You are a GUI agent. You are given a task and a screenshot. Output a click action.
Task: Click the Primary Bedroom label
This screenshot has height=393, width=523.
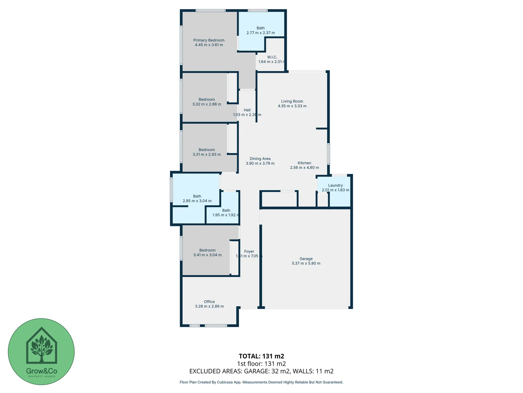pos(209,40)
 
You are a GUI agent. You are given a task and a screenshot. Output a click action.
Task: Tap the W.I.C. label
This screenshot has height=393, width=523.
pos(272,57)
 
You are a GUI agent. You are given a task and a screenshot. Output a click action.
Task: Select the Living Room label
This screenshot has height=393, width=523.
pos(292,102)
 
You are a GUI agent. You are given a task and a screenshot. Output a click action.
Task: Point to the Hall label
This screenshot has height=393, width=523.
pos(247,110)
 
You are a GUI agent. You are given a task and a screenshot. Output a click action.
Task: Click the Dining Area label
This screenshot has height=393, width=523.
pos(260,159)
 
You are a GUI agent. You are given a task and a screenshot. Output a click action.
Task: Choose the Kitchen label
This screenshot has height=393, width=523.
pos(304,163)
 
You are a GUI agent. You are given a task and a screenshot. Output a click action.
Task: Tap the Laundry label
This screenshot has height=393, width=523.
pos(335,185)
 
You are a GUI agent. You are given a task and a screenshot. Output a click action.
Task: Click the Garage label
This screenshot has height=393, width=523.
pos(306,259)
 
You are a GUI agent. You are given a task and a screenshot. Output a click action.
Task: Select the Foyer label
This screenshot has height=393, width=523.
pos(249,251)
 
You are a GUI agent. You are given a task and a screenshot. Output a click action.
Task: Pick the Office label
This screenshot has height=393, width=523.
pos(209,302)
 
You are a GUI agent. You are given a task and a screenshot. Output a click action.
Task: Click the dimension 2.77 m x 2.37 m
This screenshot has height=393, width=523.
pos(260,33)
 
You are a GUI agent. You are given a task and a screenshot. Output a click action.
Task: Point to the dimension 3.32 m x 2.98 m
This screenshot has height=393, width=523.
pos(207,104)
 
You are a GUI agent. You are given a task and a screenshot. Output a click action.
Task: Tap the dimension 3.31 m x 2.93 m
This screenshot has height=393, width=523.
pos(207,154)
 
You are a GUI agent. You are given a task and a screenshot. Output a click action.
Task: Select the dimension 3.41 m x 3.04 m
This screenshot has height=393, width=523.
pos(207,255)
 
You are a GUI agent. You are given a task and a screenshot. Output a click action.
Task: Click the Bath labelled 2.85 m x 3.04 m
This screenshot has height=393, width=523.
pos(197,196)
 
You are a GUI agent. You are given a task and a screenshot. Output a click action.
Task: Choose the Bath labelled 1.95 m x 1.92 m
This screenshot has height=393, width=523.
pos(226,210)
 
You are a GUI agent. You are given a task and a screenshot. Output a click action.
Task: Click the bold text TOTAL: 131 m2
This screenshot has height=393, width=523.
pos(261,356)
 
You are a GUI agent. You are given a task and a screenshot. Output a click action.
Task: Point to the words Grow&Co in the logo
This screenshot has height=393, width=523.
pos(41,371)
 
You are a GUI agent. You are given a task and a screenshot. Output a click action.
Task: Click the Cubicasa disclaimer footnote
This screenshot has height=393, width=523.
pos(261,382)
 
